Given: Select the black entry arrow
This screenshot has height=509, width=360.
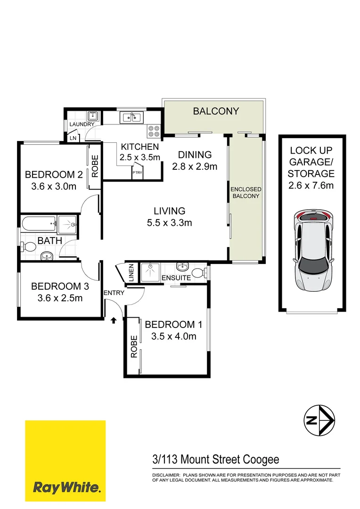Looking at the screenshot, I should click(x=113, y=321).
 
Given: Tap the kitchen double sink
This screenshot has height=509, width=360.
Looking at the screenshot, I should click(x=131, y=116).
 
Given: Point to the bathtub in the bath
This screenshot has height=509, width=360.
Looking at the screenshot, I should click(x=38, y=225).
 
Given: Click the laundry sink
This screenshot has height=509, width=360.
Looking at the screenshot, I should click(x=92, y=116).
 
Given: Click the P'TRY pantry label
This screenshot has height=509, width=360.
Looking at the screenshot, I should click(x=137, y=173).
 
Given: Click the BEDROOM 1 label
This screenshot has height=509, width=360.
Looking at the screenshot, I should click(x=170, y=325).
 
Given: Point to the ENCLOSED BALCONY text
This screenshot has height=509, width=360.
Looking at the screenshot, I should click(x=245, y=192).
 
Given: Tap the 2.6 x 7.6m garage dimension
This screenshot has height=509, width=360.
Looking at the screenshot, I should click(x=311, y=185).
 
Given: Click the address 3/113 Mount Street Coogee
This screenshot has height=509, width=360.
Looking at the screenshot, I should click(x=216, y=460).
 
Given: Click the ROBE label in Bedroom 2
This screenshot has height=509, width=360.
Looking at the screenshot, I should click(x=95, y=166).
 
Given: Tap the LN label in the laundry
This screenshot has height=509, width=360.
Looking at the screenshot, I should click(x=73, y=138).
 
